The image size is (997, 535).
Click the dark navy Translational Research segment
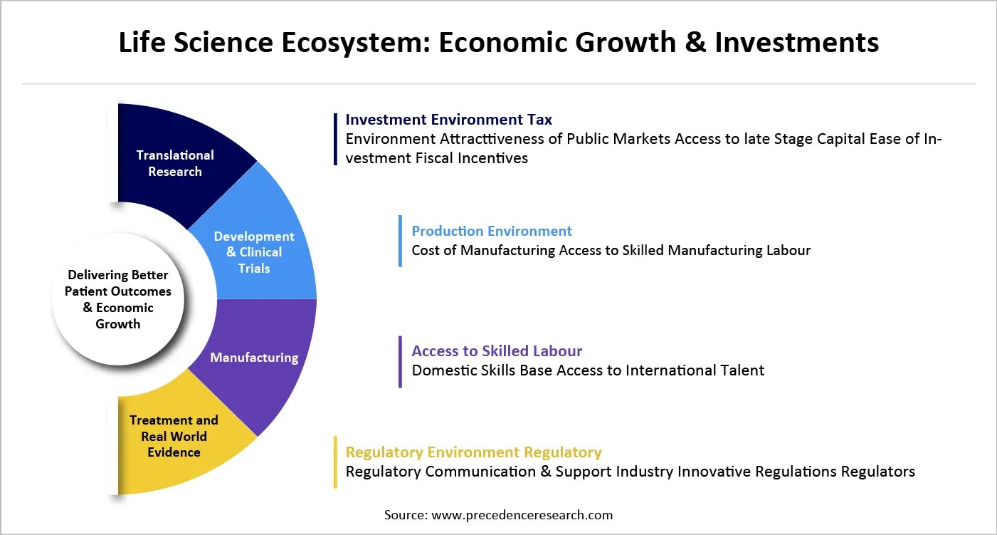[175, 163]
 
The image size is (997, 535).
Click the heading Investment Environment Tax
[448, 120]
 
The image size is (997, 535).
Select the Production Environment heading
[492, 231]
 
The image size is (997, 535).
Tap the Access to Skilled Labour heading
[497, 351]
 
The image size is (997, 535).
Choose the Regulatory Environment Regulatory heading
[473, 452]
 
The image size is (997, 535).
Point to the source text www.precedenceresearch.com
[498, 514]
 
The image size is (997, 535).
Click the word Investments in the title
[797, 43]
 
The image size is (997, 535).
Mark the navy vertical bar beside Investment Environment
[335, 139]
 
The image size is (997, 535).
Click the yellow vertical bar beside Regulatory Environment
[335, 462]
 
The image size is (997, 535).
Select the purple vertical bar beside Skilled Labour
[401, 361]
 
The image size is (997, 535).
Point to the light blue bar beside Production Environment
[401, 241]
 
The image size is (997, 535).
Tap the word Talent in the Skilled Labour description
[742, 370]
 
